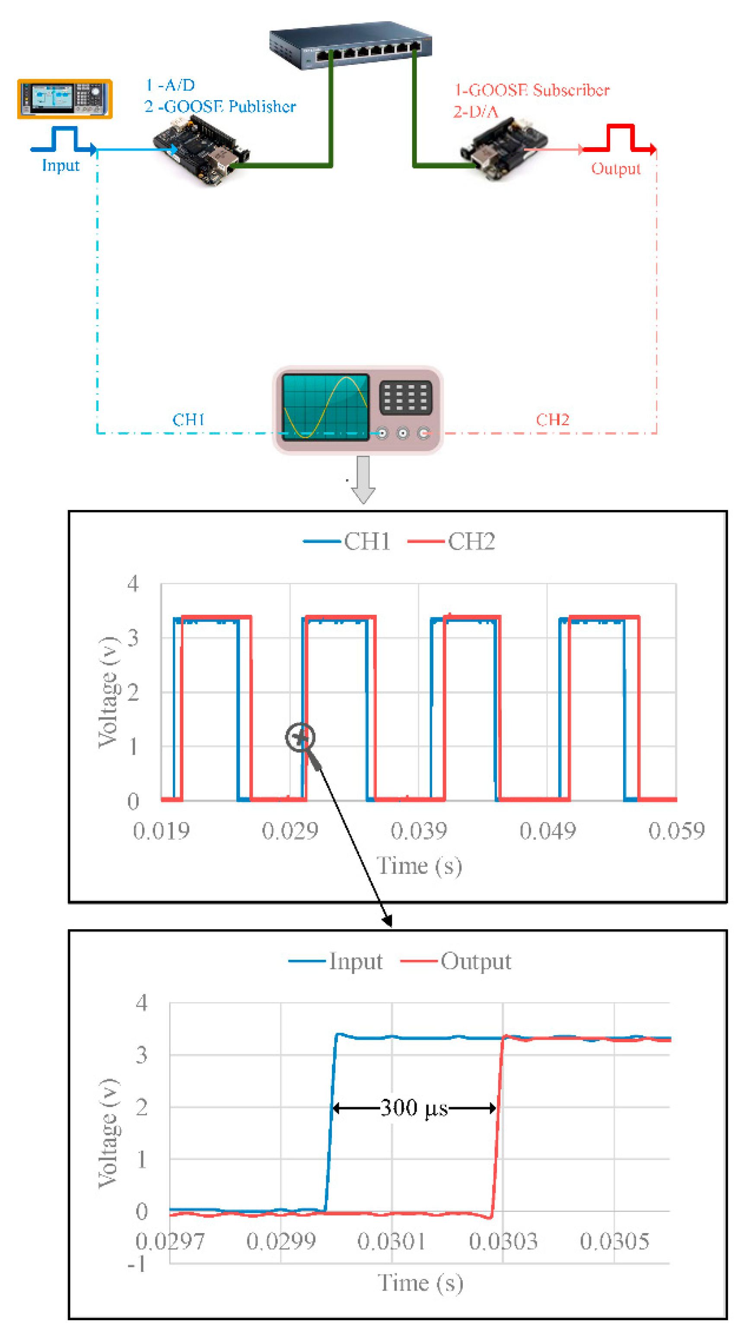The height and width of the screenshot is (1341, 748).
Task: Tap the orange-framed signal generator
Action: click(64, 98)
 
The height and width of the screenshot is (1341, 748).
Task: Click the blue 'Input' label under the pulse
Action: click(60, 165)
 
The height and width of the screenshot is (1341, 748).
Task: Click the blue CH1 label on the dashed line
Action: click(188, 420)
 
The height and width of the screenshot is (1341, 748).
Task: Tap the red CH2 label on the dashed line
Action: click(552, 420)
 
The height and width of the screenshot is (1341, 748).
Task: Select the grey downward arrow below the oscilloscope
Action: click(363, 479)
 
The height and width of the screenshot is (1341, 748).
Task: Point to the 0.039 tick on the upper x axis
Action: click(419, 830)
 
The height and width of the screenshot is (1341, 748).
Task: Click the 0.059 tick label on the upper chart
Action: click(676, 830)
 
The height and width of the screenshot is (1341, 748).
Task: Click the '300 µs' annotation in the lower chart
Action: click(414, 1108)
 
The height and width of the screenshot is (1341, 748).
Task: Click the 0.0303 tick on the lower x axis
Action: click(503, 1241)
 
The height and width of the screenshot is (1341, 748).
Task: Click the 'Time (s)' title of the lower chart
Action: click(420, 1283)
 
